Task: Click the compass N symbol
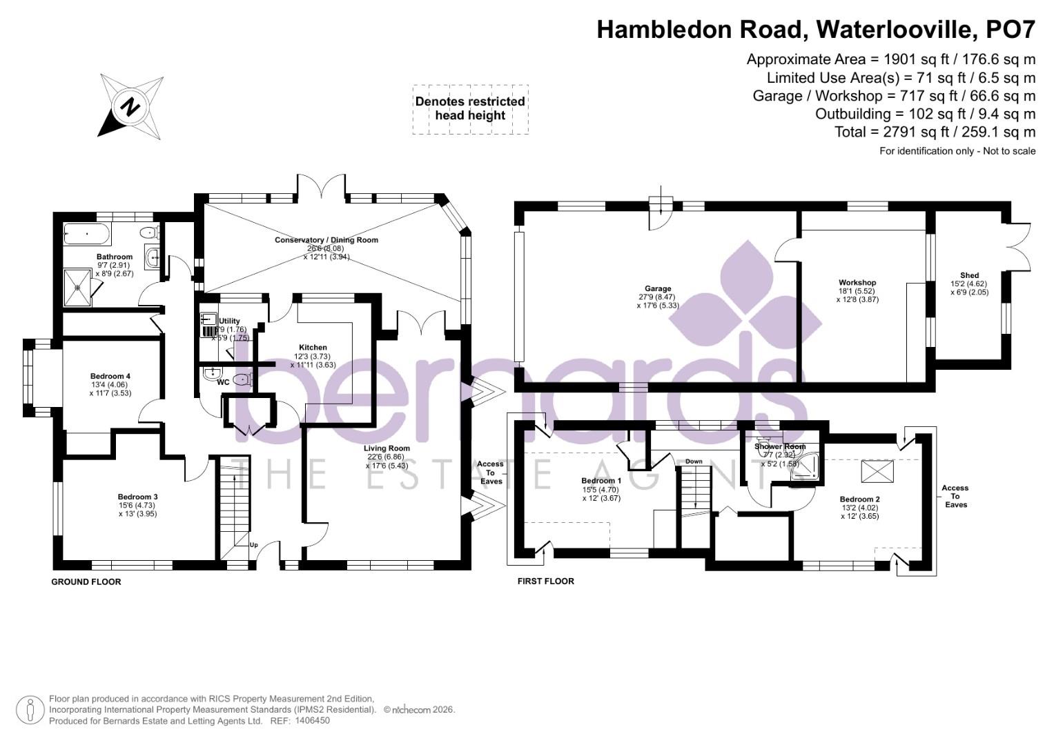coord(129,107)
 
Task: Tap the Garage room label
coord(658,289)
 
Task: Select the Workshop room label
coord(857,283)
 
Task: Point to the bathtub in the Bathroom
coord(87,234)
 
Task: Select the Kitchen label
coord(313,348)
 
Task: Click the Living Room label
coord(387,448)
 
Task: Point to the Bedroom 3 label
coord(137,497)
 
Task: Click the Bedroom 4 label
coord(110,376)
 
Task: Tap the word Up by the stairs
coord(253,545)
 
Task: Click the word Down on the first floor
coord(694,461)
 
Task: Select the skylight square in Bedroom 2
coord(877,473)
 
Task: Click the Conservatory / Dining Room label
coord(326,240)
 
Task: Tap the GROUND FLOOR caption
coord(86,582)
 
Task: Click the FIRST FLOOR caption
coord(545,582)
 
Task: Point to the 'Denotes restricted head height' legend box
coord(470,109)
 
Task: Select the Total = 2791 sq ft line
coord(935,132)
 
